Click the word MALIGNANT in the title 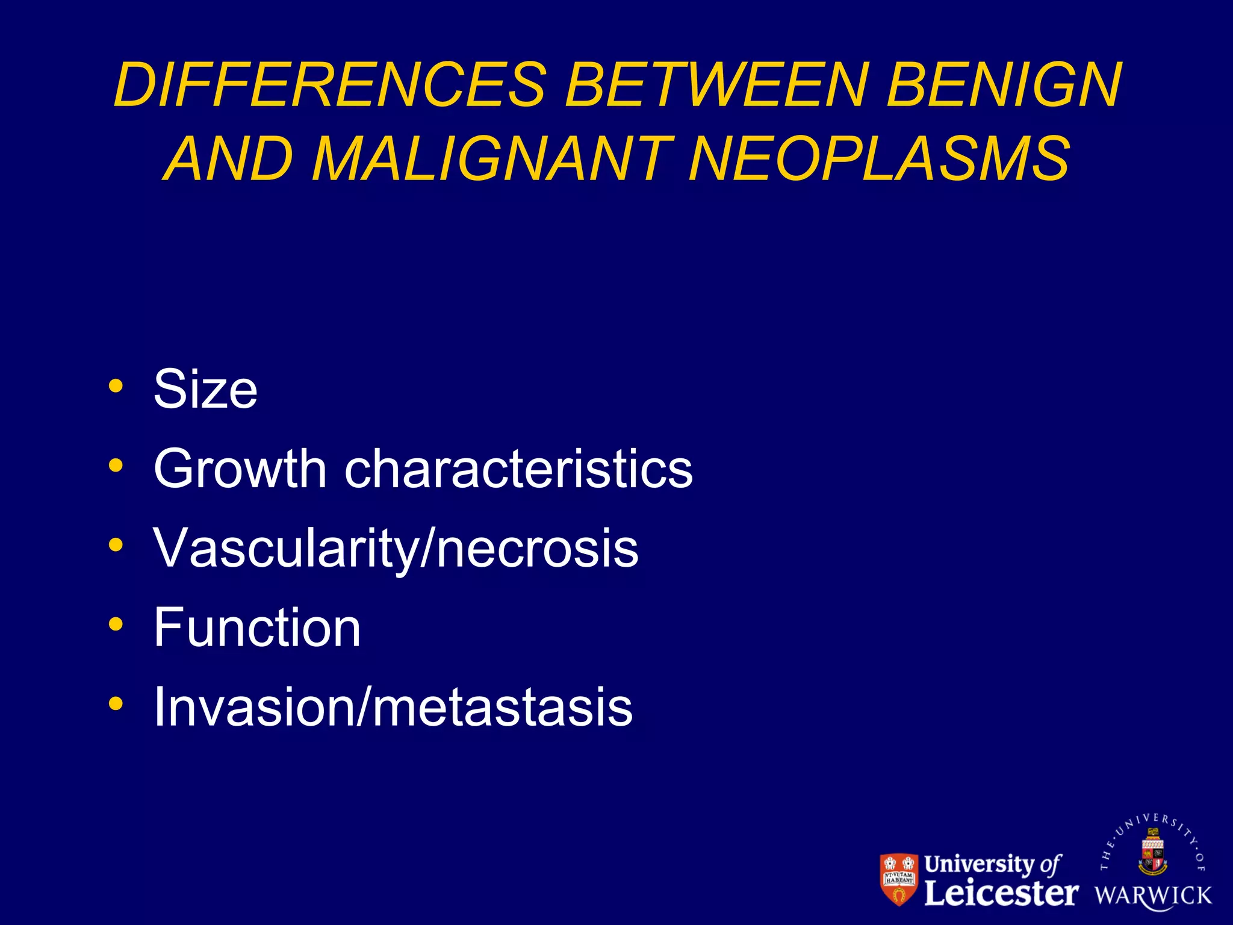492,158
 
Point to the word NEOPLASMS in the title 879,158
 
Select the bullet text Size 205,390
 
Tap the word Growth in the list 240,469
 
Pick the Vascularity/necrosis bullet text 396,548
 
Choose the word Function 257,628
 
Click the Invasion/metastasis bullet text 393,707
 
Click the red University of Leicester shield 899,879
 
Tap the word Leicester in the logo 1001,893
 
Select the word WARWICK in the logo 1153,895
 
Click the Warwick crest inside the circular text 1153,852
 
